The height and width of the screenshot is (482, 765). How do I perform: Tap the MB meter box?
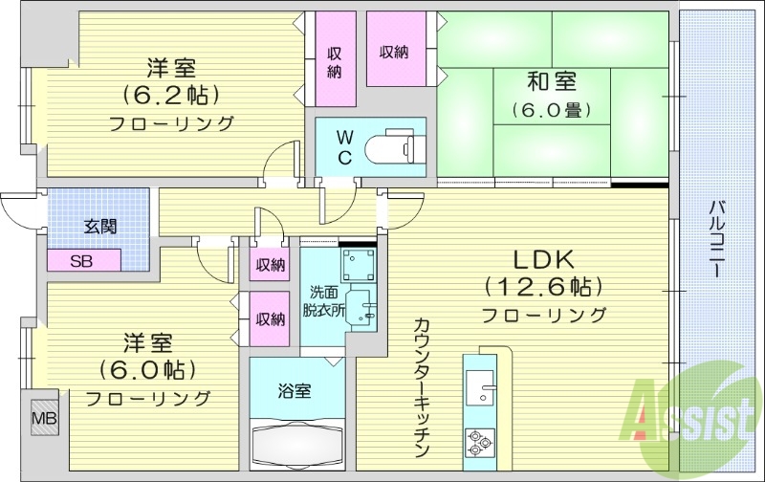[x=43, y=418]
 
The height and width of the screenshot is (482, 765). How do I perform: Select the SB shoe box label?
[x=82, y=260]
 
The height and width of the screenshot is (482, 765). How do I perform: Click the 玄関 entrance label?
[x=99, y=227]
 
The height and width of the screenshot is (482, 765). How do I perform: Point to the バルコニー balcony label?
[x=716, y=240]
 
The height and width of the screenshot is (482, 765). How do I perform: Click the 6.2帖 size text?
[x=171, y=95]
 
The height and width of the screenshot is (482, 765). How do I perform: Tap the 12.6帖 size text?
[x=542, y=286]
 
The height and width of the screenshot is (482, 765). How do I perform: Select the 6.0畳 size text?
[x=549, y=109]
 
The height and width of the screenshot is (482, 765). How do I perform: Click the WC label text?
[x=345, y=145]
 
